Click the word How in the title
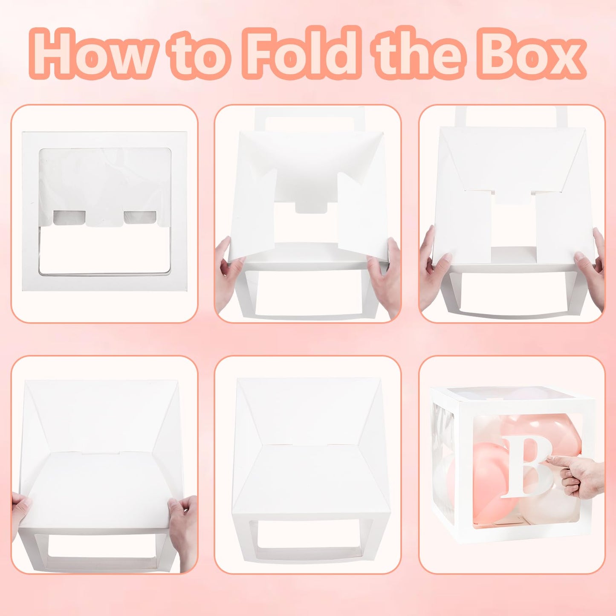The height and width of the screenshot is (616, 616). coord(93,53)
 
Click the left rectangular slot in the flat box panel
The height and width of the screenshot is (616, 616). coord(69,217)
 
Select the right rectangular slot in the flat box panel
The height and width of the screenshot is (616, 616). coord(140,217)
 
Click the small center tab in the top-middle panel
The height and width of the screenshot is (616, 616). coord(312,206)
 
